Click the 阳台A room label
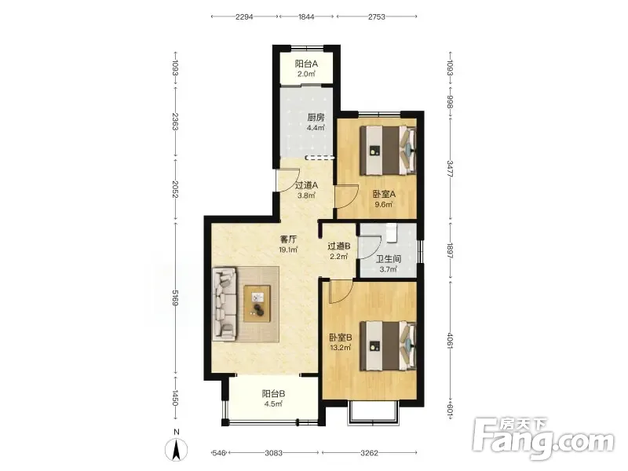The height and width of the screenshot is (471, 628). pos(306,64)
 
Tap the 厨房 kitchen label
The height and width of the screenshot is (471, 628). pos(316,117)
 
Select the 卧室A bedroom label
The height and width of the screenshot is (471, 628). pos(384,194)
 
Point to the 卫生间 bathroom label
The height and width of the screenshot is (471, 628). pos(388,259)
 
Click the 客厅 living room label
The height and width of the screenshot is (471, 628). pos(288,239)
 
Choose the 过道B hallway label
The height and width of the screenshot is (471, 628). pos(339,246)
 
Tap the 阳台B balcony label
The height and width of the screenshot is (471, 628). pos(273,394)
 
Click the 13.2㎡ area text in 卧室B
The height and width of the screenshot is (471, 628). pos(341,347)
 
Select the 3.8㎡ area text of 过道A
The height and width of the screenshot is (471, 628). pos(306,195)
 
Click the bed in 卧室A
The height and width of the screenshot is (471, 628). pos(388,150)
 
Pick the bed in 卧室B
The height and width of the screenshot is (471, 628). pos(388,345)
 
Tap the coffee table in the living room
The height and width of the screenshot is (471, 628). pos(257,303)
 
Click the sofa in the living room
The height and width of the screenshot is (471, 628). pos(225,305)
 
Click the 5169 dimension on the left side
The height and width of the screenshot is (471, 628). pos(175,299)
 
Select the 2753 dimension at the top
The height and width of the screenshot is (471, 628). pos(377,16)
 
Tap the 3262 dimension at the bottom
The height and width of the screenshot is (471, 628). pos(369,453)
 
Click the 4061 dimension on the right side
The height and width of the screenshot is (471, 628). pos(450,341)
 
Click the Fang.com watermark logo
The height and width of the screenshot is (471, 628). pos(543,439)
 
